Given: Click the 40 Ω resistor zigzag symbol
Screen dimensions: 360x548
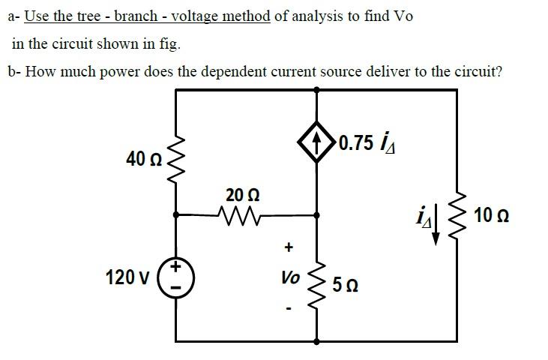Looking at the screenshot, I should [177, 158].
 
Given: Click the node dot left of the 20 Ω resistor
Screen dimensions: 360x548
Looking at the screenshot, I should [177, 215].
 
